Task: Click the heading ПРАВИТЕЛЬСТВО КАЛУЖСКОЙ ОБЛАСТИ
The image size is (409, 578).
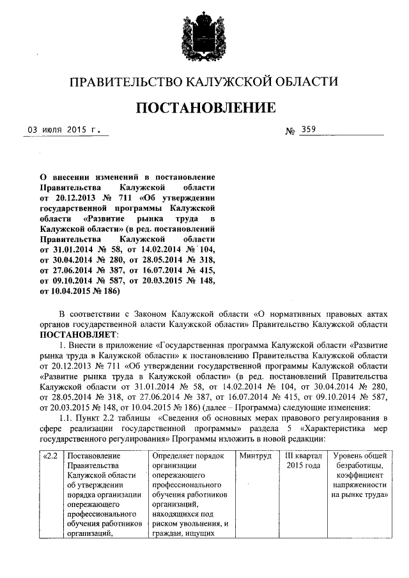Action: coord(203,82)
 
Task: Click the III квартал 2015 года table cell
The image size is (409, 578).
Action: coord(303,460)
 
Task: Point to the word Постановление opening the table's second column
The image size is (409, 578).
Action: coord(95,456)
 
